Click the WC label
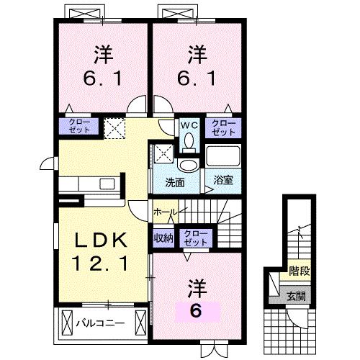pyautogui.click(x=189, y=124)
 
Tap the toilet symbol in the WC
pyautogui.click(x=189, y=140)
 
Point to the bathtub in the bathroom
pyautogui.click(x=224, y=157)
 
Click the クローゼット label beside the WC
pyautogui.click(x=222, y=128)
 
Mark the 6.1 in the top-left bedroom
pyautogui.click(x=100, y=77)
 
